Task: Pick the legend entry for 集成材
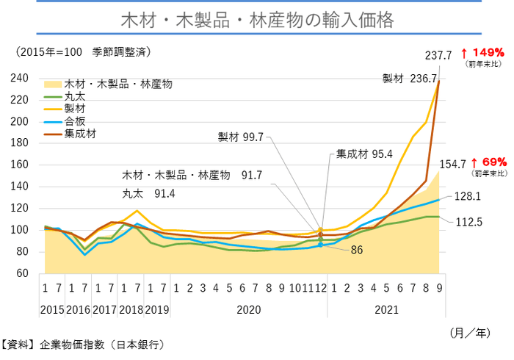80,134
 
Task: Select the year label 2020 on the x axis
248,310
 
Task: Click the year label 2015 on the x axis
51,310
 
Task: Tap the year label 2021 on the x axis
386,310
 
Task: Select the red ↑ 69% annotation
488,162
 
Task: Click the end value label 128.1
467,196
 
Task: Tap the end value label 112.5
468,221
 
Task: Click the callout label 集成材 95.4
364,154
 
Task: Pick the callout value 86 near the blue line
357,251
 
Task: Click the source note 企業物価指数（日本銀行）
102,344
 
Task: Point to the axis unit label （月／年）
473,333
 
